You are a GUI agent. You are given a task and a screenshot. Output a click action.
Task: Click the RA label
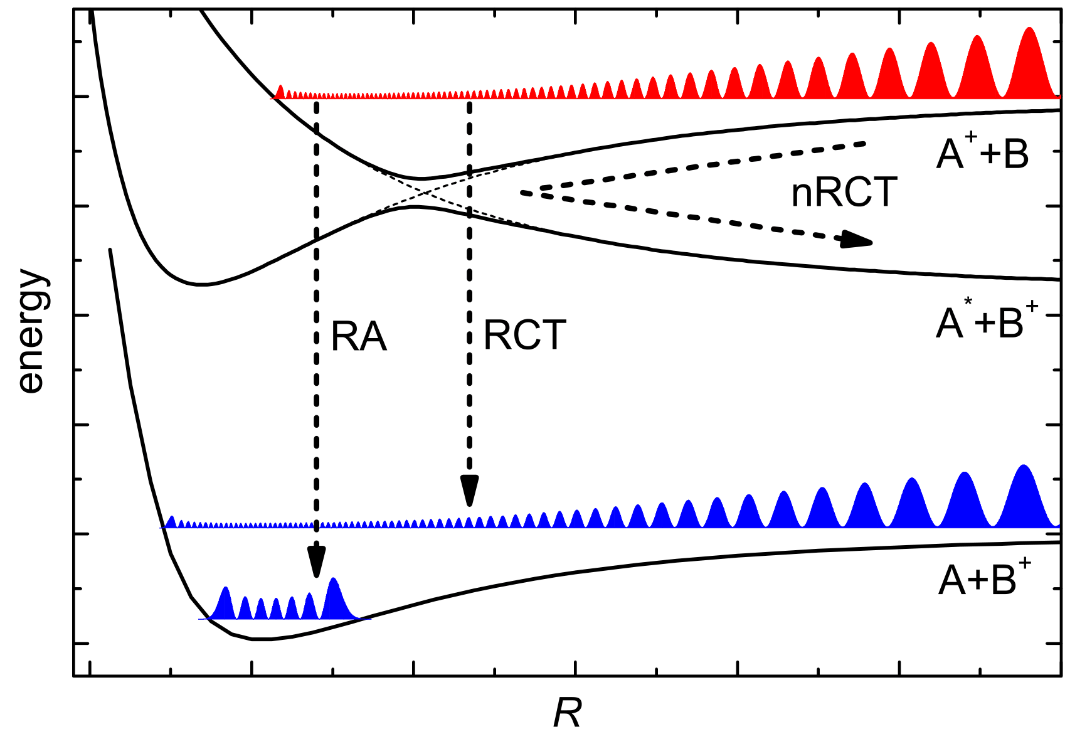click(x=358, y=337)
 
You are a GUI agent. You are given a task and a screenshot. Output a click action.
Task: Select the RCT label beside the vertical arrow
click(x=524, y=335)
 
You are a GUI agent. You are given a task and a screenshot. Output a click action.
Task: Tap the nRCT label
click(x=844, y=192)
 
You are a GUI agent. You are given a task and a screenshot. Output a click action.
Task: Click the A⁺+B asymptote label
click(x=982, y=154)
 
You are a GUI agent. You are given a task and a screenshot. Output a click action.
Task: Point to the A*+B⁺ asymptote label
click(x=986, y=322)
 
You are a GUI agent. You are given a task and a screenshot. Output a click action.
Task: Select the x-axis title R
click(x=567, y=713)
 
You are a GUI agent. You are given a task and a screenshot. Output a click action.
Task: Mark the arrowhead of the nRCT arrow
click(x=857, y=240)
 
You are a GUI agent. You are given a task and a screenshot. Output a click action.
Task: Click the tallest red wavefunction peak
click(x=1029, y=30)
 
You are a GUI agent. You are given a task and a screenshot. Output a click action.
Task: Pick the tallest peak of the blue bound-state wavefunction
click(x=334, y=580)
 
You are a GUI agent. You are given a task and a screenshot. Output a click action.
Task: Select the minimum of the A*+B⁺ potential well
click(x=201, y=285)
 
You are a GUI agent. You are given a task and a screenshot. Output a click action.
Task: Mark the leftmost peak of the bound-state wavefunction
click(x=226, y=590)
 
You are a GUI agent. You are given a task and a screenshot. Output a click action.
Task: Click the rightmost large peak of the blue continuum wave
click(x=1024, y=467)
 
